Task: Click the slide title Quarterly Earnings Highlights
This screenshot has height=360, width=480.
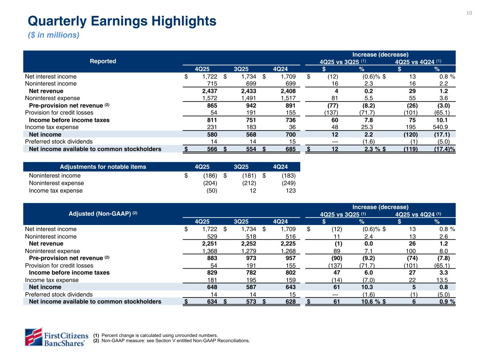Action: point(122,21)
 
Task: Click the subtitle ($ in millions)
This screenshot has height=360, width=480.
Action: point(53,35)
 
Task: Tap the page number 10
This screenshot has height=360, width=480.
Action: point(469,13)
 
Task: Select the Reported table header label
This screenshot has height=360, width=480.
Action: point(103,61)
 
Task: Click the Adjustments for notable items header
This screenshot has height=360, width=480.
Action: point(103,167)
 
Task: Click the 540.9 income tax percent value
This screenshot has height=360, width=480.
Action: point(440,127)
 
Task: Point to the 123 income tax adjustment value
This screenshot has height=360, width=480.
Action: point(290,191)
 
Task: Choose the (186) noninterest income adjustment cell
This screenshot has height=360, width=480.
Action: point(210,176)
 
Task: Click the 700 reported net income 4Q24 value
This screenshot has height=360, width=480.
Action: point(290,135)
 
